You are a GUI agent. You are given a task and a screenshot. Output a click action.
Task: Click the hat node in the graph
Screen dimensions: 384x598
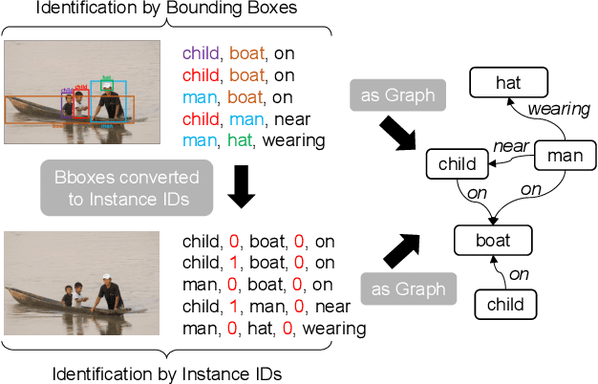(508, 83)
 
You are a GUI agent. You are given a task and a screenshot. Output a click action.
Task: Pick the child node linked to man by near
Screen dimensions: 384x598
(457, 163)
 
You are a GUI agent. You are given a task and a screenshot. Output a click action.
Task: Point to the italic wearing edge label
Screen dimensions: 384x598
(559, 109)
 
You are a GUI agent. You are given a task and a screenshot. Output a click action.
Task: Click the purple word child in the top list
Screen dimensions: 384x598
(201, 54)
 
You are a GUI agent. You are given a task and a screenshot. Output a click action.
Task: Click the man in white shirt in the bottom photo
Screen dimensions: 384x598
(109, 290)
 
